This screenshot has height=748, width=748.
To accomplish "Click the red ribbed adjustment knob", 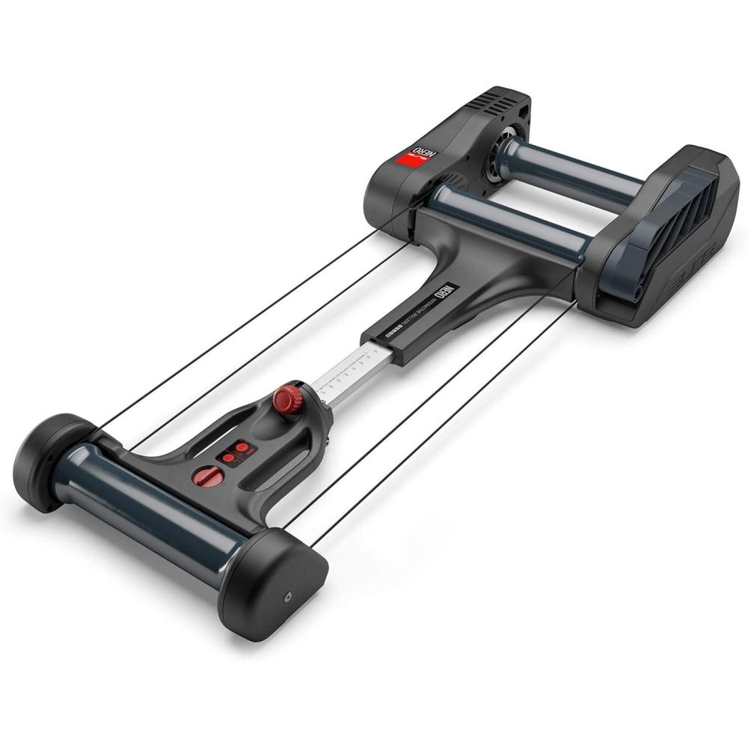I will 286,399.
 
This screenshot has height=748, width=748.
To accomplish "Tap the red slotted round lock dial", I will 206,476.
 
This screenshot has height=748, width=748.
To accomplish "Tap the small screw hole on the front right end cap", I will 288,598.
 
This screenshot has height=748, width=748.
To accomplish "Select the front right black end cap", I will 277,583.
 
